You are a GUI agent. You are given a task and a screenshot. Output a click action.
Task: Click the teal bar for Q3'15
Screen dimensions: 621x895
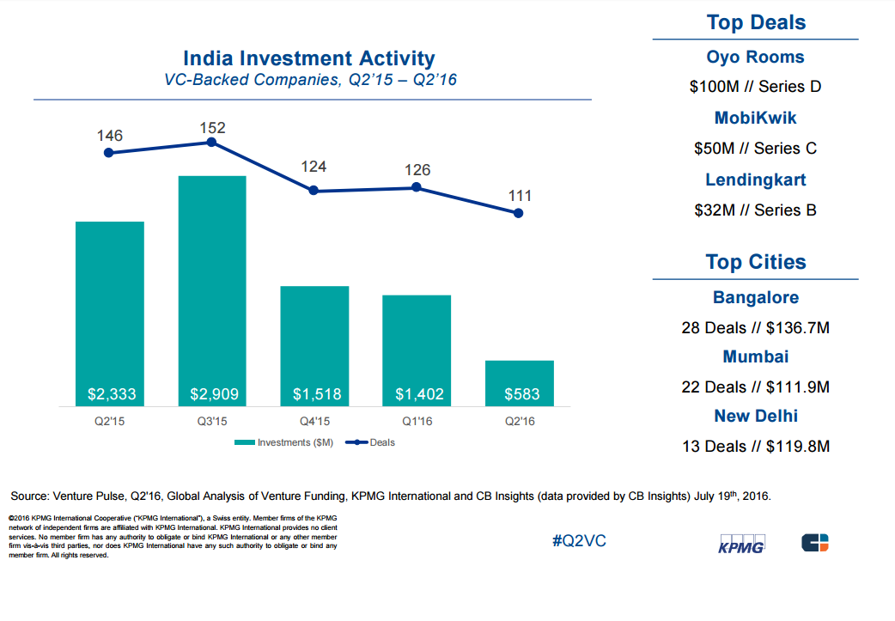click(212, 283)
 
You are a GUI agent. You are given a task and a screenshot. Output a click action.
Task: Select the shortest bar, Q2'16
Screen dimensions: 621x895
click(519, 382)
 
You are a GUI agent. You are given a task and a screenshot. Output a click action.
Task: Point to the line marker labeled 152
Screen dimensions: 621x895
click(211, 142)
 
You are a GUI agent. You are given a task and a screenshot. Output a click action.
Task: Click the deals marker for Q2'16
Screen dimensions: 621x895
click(519, 213)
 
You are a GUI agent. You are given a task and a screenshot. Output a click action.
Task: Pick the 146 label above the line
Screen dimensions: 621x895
click(109, 136)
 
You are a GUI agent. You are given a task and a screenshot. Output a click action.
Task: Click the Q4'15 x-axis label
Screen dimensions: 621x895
click(314, 422)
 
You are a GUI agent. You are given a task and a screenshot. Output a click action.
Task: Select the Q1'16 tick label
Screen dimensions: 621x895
click(417, 422)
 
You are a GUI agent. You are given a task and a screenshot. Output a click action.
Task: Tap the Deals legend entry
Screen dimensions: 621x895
click(370, 443)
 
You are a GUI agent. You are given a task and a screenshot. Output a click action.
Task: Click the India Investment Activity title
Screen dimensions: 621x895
click(309, 59)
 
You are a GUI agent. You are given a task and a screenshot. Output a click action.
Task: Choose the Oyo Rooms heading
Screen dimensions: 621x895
click(755, 58)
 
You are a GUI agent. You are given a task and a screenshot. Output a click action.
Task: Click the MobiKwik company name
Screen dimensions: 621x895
click(755, 119)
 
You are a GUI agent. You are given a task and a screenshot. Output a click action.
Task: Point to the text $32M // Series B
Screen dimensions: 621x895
click(755, 210)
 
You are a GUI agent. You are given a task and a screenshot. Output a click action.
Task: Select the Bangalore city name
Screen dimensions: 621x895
click(755, 298)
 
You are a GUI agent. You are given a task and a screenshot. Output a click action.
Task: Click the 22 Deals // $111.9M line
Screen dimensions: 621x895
click(755, 387)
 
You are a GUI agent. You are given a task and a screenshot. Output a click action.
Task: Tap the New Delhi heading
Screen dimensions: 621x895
click(755, 417)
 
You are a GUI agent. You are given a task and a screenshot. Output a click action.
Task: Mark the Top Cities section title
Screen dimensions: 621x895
click(755, 262)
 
